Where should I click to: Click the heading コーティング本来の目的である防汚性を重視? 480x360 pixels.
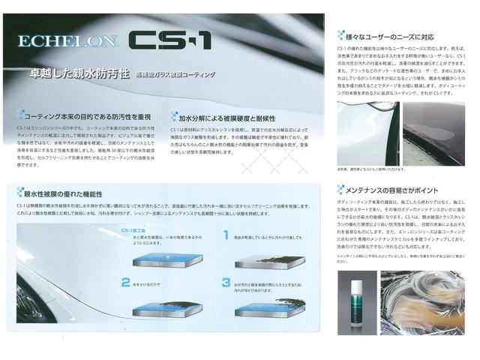(x=88, y=117)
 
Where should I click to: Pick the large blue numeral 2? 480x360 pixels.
(x=126, y=283)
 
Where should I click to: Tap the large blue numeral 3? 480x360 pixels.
(x=225, y=283)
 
